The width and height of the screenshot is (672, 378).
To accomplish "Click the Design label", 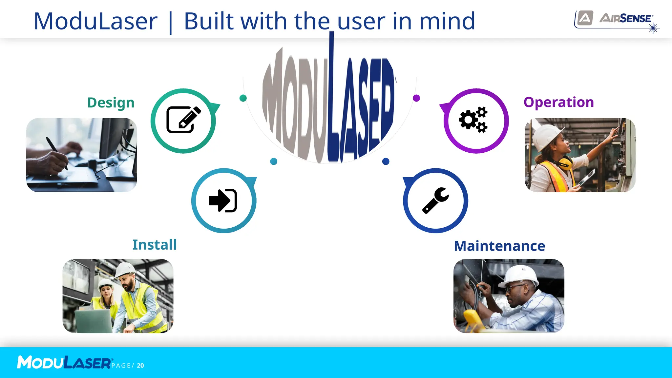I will (111, 103).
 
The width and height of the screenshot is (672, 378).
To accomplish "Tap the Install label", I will (154, 245).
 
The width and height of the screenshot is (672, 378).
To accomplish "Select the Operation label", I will (558, 102).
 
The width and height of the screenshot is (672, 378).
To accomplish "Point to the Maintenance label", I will (499, 246).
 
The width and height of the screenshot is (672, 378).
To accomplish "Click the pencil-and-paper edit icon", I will (183, 120).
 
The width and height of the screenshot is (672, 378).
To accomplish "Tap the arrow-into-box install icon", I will (223, 200).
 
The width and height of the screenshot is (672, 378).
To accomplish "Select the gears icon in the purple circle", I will (473, 120).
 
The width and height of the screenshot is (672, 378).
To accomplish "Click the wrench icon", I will (435, 200).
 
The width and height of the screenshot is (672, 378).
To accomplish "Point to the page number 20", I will (140, 366).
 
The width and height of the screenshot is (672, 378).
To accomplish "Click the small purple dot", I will (416, 98).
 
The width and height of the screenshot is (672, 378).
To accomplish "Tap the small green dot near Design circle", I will (243, 98).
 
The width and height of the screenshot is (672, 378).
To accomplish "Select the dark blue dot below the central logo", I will (386, 161).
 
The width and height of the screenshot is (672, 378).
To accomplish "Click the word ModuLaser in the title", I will (95, 21).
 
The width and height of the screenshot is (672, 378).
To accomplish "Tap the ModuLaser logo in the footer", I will (64, 363).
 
